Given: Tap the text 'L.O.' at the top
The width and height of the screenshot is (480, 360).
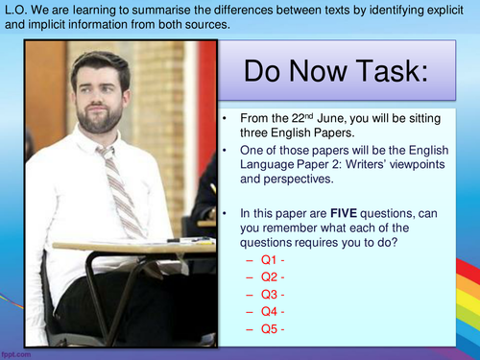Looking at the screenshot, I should click(16, 10).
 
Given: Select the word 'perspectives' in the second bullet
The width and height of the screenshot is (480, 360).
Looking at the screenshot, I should click(300, 179).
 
